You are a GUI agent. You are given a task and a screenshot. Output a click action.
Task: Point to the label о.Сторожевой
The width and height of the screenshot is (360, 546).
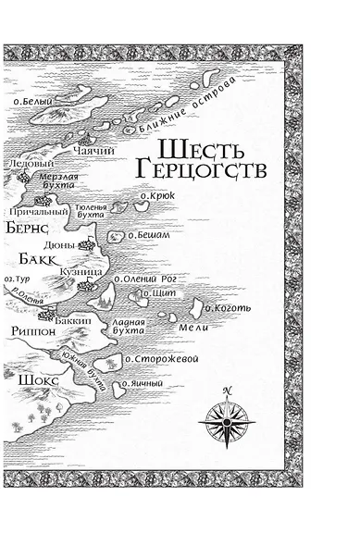pyautogui.click(x=161, y=359)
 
